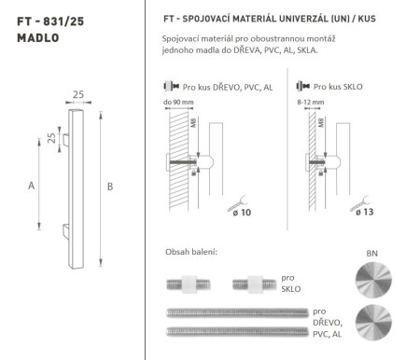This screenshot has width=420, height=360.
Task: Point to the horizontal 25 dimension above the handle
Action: coord(79,94)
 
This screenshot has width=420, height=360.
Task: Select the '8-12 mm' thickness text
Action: coord(305,102)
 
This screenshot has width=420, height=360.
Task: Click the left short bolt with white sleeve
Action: coord(189,283)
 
